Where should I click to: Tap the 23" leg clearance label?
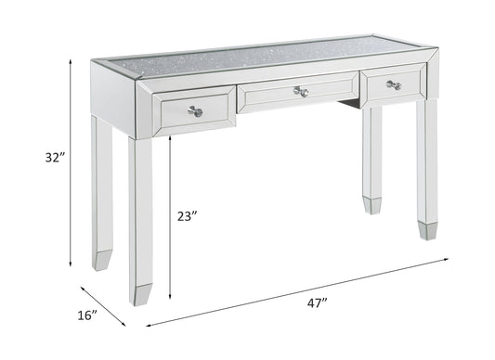coord(188,216)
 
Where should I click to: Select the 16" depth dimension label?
coord(88,315)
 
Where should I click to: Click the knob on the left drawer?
coord(194,112)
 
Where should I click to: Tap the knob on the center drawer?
coord(299,92)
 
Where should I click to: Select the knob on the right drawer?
coord(393,85)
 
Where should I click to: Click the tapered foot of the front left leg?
coord(141,286)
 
